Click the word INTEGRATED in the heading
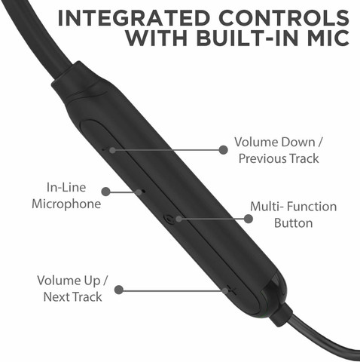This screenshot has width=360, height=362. tap(134, 18)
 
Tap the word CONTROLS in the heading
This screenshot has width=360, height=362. tap(284, 18)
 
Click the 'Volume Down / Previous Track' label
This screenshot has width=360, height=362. tap(279, 150)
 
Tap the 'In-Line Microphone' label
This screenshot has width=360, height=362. tap(66, 195)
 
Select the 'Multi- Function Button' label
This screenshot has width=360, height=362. tap(293, 215)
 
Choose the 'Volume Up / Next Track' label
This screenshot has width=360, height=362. tap(72, 288)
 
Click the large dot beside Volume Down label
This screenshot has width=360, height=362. tap(223, 150)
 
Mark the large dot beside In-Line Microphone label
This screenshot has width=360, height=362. tap(106, 192)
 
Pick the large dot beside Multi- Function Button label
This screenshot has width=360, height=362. tap(249, 219)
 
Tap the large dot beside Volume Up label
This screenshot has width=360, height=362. tap(119, 290)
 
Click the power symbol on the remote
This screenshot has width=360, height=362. tap(169, 219)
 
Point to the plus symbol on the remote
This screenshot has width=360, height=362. tap(232, 291)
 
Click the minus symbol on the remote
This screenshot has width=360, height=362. tap(105, 149)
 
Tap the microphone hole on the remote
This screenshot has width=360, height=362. tap(143, 192)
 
